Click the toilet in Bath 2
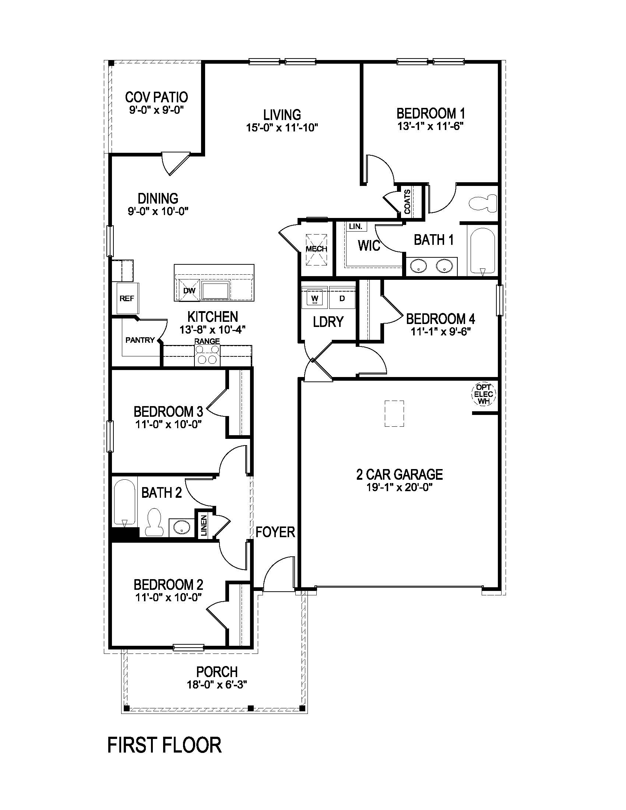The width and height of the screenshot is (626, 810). (154, 522)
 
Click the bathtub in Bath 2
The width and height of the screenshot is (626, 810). (124, 503)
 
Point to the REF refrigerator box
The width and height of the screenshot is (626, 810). (127, 299)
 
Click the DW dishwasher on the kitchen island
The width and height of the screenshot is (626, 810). (190, 291)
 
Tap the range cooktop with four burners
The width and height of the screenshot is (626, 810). (207, 355)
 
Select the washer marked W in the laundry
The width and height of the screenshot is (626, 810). (314, 298)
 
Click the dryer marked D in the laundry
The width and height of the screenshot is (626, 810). (342, 298)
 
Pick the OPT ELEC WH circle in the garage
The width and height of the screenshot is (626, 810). (483, 394)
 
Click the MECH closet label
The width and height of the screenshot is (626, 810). (316, 249)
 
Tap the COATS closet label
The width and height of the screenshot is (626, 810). (408, 202)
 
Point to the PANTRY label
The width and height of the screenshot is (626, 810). (140, 340)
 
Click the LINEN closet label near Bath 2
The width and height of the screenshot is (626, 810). (204, 526)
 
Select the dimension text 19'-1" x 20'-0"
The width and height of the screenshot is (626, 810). (400, 487)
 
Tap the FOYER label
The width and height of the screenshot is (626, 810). (275, 532)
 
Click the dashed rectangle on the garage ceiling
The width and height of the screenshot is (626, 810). (394, 413)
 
